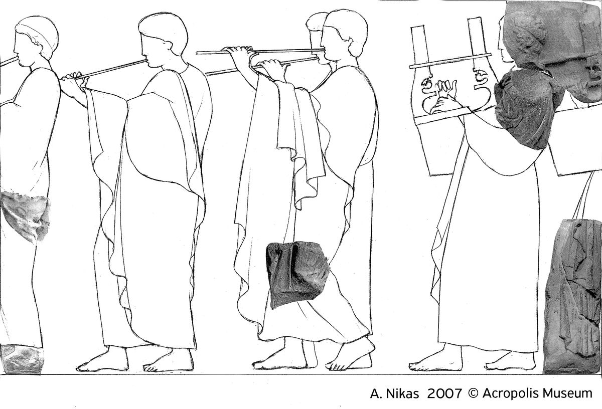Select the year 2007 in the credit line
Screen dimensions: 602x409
[444, 393]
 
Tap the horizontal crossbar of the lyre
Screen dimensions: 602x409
[450, 61]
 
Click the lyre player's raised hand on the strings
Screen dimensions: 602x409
[446, 88]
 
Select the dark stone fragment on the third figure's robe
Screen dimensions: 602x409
[296, 274]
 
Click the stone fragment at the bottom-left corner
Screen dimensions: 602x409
[21, 359]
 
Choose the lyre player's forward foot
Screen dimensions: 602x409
[435, 361]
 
